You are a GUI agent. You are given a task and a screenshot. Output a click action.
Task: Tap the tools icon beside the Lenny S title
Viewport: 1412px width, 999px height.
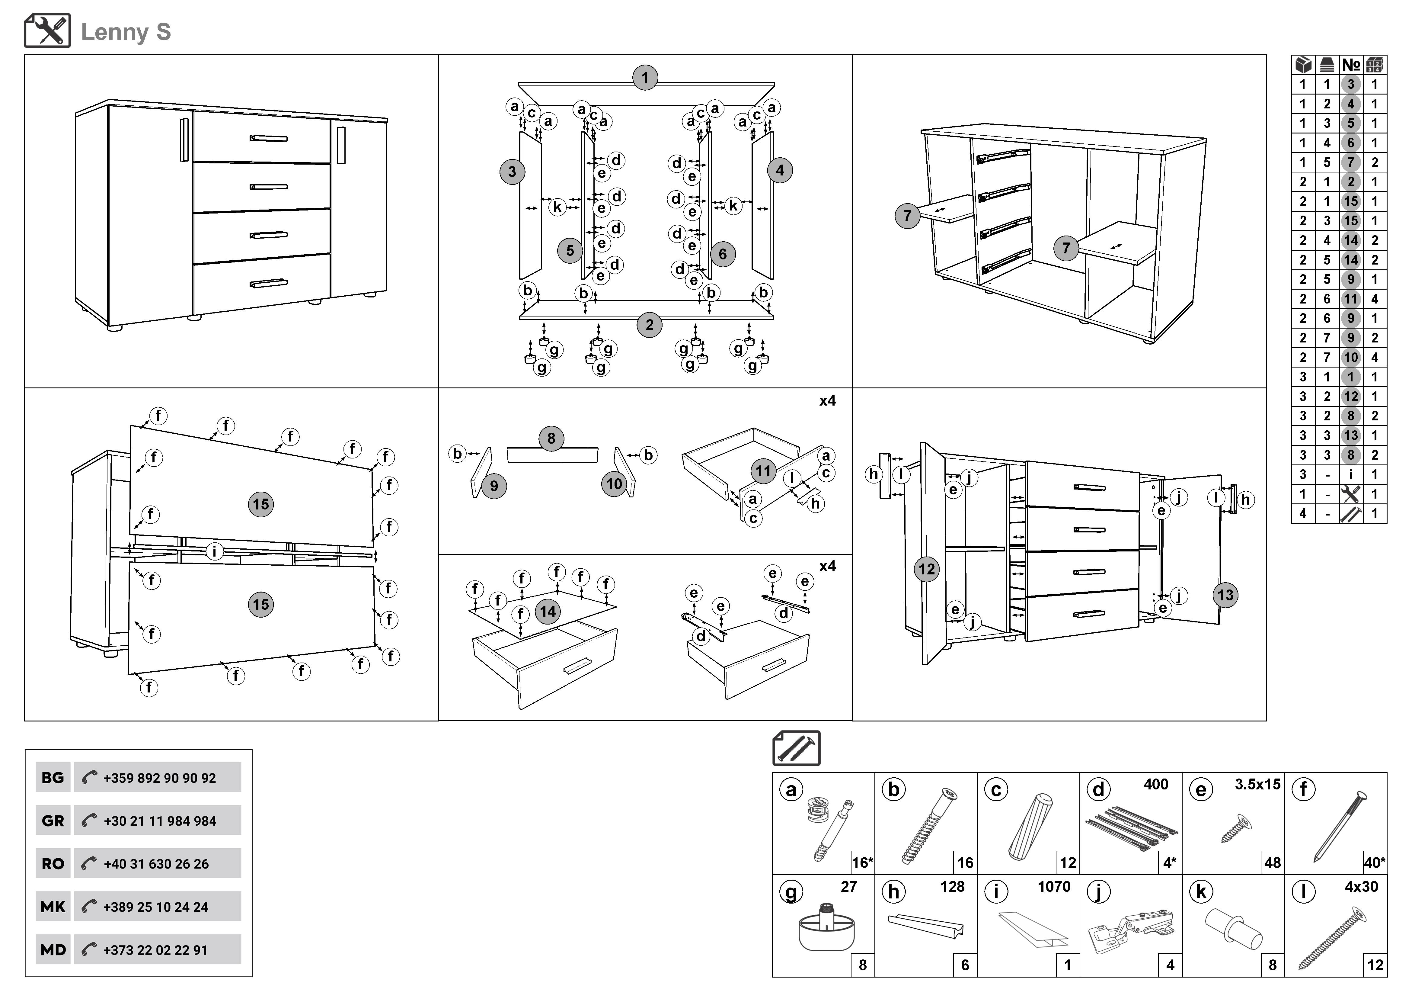pyautogui.click(x=47, y=31)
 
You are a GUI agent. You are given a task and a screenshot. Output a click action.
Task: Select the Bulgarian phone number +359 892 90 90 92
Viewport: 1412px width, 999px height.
pyautogui.click(x=159, y=778)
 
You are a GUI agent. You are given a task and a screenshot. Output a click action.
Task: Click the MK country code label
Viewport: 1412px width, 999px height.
pyautogui.click(x=53, y=907)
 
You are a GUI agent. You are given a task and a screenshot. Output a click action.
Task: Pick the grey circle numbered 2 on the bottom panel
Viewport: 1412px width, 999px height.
pyautogui.click(x=650, y=325)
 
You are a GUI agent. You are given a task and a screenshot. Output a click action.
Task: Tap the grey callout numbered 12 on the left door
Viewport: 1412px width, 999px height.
pyautogui.click(x=927, y=569)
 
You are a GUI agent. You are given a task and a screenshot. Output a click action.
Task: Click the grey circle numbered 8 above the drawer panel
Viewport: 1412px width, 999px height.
pyautogui.click(x=551, y=438)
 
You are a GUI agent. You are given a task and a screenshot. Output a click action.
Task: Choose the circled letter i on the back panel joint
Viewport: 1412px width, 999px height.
pyautogui.click(x=214, y=551)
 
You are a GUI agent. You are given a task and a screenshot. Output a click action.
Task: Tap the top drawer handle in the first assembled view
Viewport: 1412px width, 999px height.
pyautogui.click(x=268, y=138)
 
